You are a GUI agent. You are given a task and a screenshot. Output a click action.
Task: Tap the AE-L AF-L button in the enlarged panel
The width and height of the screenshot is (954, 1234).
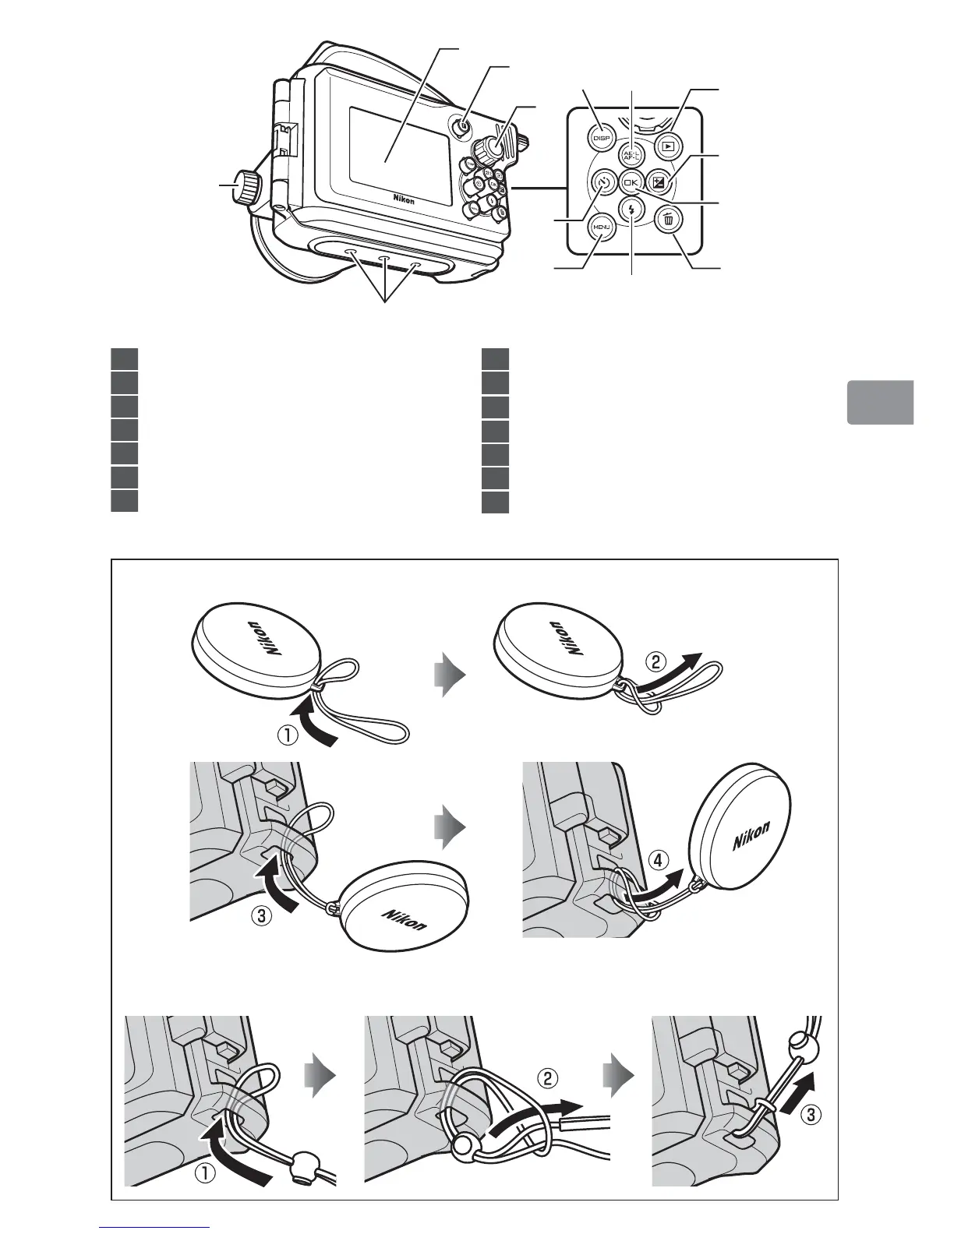click(x=631, y=154)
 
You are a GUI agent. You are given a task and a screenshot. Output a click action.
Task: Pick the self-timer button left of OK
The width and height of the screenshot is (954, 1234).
click(x=602, y=184)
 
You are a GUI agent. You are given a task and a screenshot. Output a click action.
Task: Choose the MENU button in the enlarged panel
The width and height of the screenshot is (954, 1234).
click(x=601, y=227)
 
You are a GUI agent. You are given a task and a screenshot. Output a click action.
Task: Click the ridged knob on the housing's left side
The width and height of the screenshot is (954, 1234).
click(x=249, y=188)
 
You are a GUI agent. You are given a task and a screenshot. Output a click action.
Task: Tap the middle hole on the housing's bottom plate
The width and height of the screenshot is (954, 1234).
click(x=383, y=259)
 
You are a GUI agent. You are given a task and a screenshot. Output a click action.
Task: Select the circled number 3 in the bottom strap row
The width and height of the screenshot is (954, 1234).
click(x=810, y=1115)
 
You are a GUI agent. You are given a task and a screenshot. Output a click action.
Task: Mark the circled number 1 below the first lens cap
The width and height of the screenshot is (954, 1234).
click(x=288, y=735)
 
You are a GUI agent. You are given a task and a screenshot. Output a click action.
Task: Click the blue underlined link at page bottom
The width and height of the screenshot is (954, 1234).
click(x=155, y=1228)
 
